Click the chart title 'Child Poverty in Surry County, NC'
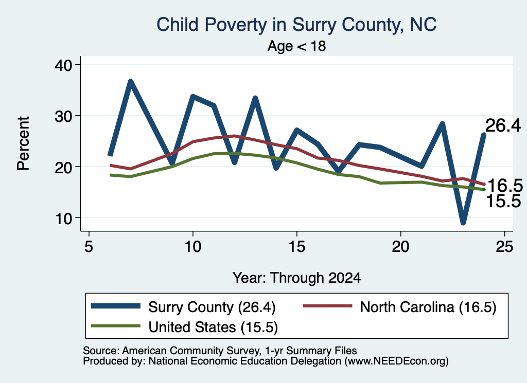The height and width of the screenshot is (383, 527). pos(296,25)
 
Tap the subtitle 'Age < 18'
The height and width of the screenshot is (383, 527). pos(296,46)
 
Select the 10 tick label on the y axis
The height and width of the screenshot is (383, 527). pos(63,218)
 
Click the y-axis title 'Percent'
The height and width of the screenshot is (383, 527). pos(23,143)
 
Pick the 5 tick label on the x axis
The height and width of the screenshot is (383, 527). pos(89,247)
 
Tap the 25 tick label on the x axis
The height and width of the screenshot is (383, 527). pos(504,247)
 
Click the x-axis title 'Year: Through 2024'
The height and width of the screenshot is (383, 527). pos(296,278)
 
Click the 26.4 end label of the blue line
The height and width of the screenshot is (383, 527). pos(503,125)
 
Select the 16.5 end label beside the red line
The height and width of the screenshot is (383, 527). pos(505,185)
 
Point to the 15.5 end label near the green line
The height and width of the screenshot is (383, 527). pos(503,201)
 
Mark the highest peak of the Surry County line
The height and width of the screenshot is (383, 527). pos(131,82)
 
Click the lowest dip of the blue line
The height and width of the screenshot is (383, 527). pos(463,222)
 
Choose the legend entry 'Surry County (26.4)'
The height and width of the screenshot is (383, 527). pos(183,307)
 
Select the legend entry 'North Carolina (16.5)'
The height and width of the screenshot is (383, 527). pos(399,307)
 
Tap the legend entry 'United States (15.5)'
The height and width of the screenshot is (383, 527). pos(184,326)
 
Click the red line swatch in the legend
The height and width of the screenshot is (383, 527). pos(328,306)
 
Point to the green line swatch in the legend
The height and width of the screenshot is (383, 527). pos(116,325)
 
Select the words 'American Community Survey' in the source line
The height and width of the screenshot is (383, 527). pos(191,351)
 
